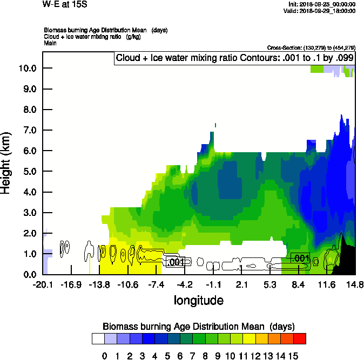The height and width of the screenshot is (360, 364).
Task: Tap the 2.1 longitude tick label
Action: click(x=241, y=285)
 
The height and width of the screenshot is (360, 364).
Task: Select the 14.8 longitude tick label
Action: click(x=355, y=285)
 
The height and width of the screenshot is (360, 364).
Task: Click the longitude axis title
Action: click(x=198, y=300)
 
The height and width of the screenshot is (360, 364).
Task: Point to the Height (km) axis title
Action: click(x=7, y=164)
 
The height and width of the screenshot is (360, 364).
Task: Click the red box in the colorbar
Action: click(x=300, y=338)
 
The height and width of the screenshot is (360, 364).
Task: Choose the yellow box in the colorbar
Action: click(x=248, y=338)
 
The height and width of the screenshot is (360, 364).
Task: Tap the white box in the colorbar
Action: click(x=98, y=338)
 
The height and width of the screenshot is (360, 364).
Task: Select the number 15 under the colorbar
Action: click(x=293, y=356)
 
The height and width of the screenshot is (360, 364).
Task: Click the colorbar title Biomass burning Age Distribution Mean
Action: click(x=198, y=327)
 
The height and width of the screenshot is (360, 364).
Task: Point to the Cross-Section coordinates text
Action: click(x=311, y=47)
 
